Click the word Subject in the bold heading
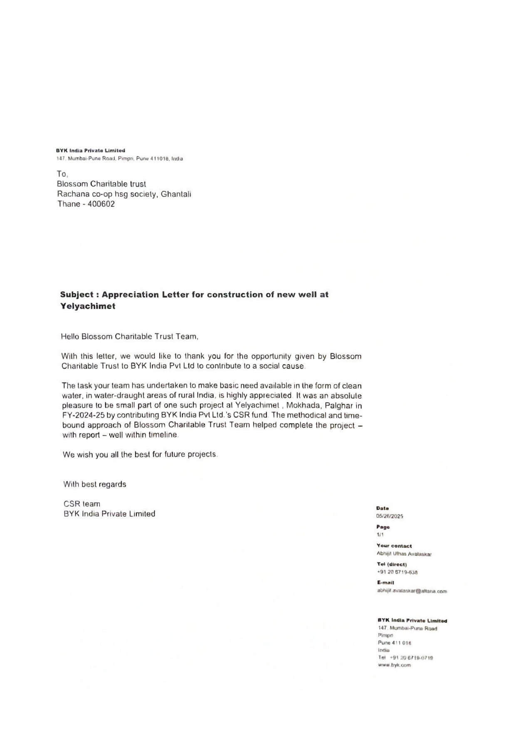77,295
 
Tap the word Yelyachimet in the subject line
87,306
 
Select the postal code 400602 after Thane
101,204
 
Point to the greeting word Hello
70,337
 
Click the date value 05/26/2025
389,516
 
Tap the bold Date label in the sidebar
382,508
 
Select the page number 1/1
379,535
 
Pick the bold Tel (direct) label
392,564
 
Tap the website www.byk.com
394,665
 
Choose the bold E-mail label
385,582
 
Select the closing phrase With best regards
94,484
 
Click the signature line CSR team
82,504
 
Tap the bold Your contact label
394,546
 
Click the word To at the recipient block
62,174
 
